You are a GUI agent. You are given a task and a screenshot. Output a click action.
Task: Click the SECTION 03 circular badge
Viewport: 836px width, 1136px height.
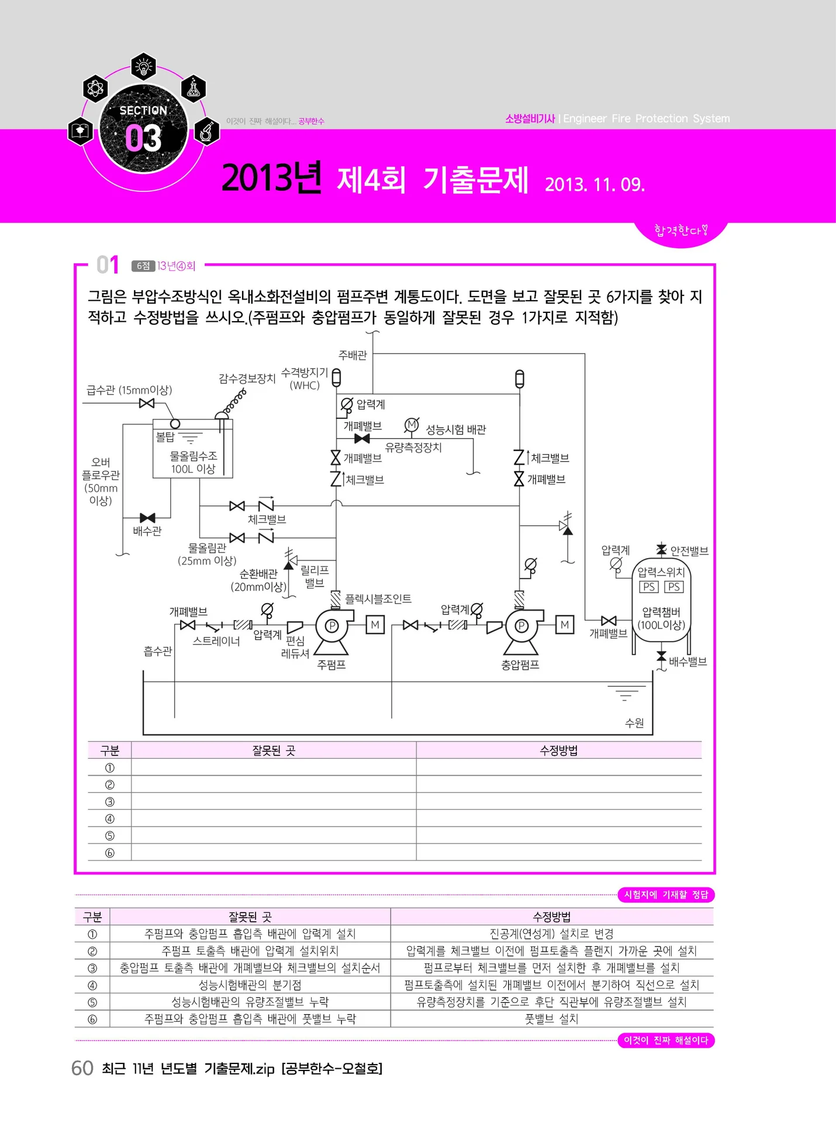[143, 129]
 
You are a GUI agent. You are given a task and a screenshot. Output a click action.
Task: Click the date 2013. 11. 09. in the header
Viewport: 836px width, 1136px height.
[594, 184]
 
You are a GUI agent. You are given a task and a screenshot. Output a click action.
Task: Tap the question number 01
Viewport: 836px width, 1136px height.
[108, 265]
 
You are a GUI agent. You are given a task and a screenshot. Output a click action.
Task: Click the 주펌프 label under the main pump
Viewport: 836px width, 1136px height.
[331, 665]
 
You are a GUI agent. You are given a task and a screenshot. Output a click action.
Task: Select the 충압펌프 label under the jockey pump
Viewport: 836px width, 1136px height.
[520, 665]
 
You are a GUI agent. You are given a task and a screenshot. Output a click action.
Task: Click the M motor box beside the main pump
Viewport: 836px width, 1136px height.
[375, 625]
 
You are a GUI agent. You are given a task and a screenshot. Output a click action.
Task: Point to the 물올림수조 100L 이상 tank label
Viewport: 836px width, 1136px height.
[194, 462]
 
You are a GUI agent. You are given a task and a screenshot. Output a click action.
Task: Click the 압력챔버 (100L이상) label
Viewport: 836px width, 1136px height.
[661, 618]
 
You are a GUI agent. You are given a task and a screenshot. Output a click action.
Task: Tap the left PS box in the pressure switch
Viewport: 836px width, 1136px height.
[649, 587]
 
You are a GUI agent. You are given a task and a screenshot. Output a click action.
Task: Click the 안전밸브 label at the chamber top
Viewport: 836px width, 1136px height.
[689, 550]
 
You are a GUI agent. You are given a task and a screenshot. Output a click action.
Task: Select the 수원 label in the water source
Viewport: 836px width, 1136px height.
[634, 723]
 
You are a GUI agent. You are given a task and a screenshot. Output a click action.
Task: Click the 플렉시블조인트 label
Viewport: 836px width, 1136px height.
[378, 598]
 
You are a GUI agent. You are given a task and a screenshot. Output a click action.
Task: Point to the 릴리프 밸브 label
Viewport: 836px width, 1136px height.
[315, 576]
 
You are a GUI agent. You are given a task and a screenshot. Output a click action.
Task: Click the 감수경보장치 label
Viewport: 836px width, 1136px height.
[247, 378]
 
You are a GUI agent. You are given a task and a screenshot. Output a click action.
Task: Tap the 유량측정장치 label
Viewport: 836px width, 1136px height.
[413, 447]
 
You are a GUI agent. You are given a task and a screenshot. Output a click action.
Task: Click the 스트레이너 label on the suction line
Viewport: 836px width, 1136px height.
[216, 641]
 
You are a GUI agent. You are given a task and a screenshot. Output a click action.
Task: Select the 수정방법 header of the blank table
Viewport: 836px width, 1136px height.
[558, 751]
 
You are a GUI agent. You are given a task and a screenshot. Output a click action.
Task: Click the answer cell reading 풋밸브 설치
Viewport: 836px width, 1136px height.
[551, 1019]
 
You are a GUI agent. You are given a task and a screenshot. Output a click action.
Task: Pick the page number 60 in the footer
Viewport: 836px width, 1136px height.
[82, 1068]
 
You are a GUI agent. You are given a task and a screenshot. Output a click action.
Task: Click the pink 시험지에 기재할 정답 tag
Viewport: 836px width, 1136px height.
[666, 894]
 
